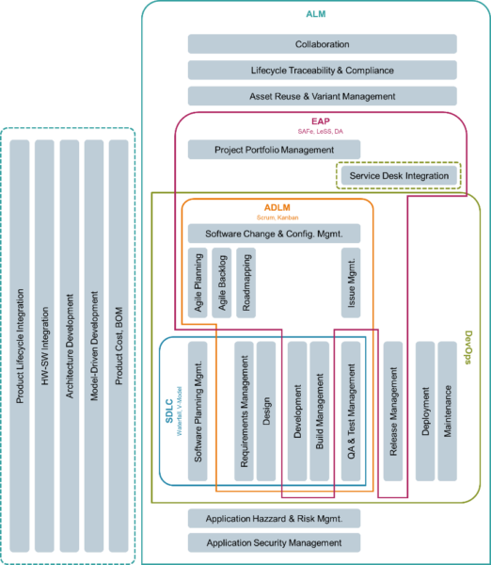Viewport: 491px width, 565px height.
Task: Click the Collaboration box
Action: (x=323, y=44)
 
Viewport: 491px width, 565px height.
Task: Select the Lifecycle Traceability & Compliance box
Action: (x=323, y=70)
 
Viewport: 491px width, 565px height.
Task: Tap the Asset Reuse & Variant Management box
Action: (x=323, y=96)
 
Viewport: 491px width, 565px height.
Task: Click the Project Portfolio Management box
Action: (x=274, y=150)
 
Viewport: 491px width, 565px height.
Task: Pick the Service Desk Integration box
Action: (x=399, y=175)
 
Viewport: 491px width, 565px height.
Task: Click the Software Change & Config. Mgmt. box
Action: (x=274, y=234)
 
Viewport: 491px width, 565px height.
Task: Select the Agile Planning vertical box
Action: (x=198, y=282)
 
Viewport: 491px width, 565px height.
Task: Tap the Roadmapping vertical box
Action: (x=245, y=282)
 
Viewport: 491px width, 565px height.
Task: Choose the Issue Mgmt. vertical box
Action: (x=351, y=282)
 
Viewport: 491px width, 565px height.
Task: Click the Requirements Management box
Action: (x=244, y=412)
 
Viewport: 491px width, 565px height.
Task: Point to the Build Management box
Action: (x=320, y=412)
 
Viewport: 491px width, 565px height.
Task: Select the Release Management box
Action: (x=393, y=412)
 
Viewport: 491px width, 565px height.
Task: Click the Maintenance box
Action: (x=448, y=412)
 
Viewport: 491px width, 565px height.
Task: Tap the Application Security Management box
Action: (x=274, y=542)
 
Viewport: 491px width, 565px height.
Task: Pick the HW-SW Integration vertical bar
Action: (x=44, y=346)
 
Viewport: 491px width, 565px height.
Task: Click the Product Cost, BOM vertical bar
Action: (x=119, y=346)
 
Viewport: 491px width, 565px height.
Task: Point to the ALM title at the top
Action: (x=316, y=14)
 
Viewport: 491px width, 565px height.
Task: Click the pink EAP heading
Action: (x=321, y=121)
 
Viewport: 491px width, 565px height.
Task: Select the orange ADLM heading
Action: (x=277, y=207)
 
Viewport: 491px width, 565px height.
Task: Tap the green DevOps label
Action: (x=468, y=347)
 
